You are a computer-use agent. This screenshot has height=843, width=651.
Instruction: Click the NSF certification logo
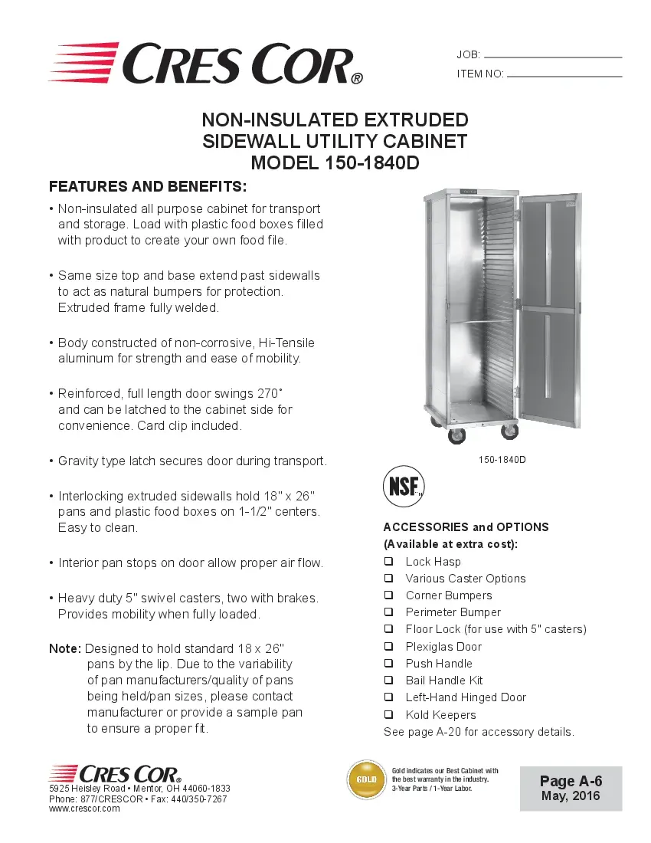(403, 487)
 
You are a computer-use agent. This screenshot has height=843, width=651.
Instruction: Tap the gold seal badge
(367, 780)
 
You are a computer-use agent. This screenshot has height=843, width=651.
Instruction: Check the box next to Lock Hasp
(388, 562)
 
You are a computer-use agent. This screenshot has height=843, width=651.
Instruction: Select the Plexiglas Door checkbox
(388, 647)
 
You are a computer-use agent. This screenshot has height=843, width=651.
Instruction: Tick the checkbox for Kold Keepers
(388, 715)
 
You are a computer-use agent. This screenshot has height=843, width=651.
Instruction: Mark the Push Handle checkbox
(388, 664)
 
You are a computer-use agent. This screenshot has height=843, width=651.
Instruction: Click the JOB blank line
(553, 57)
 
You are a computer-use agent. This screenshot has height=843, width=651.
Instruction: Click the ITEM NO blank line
(564, 76)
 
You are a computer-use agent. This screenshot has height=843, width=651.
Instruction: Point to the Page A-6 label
(571, 781)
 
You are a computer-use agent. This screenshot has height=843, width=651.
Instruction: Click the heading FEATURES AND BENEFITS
(148, 186)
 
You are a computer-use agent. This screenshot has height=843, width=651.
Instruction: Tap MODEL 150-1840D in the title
(335, 163)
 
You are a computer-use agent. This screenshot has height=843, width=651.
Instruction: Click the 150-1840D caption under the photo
(502, 460)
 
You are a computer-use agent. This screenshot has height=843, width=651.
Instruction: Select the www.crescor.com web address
(84, 809)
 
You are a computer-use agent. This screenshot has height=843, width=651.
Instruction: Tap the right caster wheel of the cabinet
(509, 431)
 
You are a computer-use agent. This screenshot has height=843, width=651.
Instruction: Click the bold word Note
(64, 648)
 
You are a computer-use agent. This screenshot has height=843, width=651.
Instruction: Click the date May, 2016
(571, 796)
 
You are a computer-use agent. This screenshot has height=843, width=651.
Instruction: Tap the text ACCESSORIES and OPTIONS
(466, 527)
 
